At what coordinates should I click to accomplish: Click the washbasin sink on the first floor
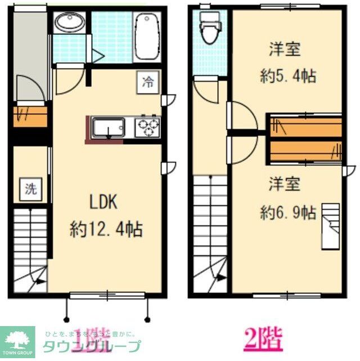click(70, 24)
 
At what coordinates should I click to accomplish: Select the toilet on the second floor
click(209, 28)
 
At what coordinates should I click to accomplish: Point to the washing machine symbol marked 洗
click(30, 189)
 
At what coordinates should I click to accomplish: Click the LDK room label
click(105, 202)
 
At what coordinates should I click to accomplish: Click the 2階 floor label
click(263, 340)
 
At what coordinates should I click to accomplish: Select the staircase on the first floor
click(30, 248)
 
